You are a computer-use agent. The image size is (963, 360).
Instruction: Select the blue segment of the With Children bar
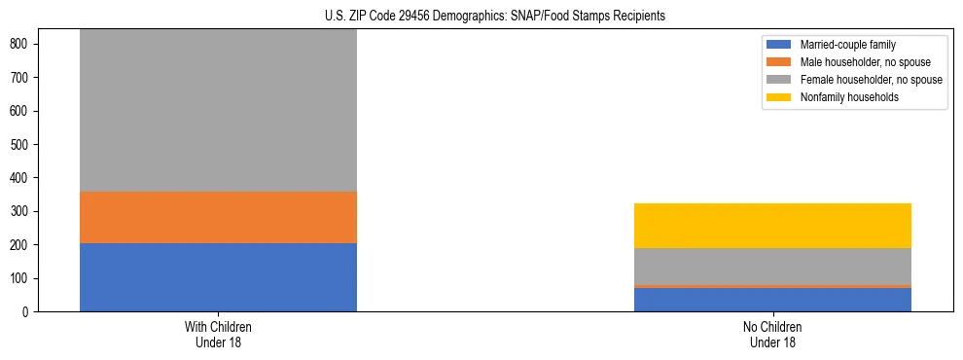pyautogui.click(x=218, y=277)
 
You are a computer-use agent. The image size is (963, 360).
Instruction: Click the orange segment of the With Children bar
pyautogui.click(x=218, y=217)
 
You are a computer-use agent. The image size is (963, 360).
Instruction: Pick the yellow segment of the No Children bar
pyautogui.click(x=772, y=226)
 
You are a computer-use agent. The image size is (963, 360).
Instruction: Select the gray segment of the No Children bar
pyautogui.click(x=772, y=266)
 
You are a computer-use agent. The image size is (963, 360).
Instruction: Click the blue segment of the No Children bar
pyautogui.click(x=772, y=300)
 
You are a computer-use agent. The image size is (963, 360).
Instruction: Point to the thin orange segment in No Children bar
pyautogui.click(x=772, y=286)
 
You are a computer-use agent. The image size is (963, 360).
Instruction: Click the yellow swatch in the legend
pyautogui.click(x=779, y=97)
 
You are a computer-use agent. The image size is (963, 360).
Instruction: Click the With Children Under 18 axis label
pyautogui.click(x=218, y=335)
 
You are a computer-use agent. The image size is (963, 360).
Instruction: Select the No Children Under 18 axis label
pyautogui.click(x=772, y=335)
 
